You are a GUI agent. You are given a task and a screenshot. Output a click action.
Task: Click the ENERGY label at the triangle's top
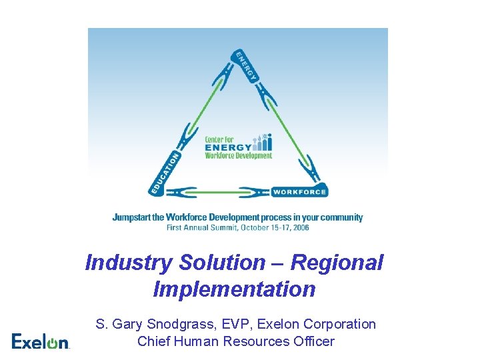(245, 66)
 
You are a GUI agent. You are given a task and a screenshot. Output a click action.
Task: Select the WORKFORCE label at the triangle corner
(299, 191)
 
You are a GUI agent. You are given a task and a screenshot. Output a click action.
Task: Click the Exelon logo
(40, 341)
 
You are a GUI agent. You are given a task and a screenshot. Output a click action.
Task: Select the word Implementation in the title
(234, 290)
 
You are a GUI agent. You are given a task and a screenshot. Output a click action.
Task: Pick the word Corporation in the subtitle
(339, 325)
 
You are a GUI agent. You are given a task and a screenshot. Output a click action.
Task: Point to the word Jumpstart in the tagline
(137, 217)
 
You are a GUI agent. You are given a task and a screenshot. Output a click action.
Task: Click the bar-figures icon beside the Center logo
(263, 142)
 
